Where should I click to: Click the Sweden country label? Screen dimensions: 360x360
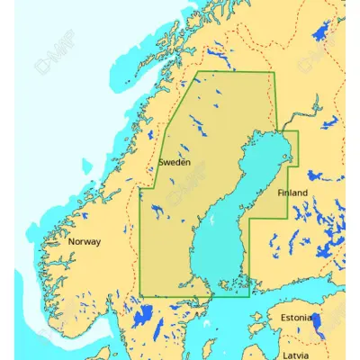click(x=174, y=162)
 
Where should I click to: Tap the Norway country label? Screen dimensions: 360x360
click(x=85, y=241)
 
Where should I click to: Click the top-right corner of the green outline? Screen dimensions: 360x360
click(x=274, y=72)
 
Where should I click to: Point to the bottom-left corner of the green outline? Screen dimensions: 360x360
click(x=140, y=294)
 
